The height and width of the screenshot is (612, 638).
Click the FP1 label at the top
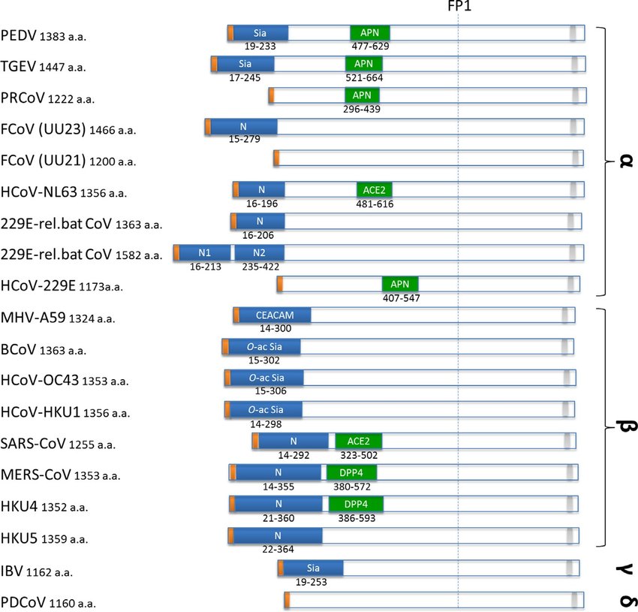458,7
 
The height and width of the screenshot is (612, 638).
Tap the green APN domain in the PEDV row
370,33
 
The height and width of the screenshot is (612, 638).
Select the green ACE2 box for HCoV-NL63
375,190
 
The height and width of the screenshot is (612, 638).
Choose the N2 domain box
259,252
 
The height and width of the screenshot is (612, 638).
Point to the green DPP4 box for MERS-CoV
351,472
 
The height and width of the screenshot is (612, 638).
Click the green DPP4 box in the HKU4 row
355,504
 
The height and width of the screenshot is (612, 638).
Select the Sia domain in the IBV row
312,567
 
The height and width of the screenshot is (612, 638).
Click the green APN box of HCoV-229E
400,285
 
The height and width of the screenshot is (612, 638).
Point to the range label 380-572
351,487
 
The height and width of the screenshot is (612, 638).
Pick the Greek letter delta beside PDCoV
622,601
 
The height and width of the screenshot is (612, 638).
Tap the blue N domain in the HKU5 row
277,535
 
